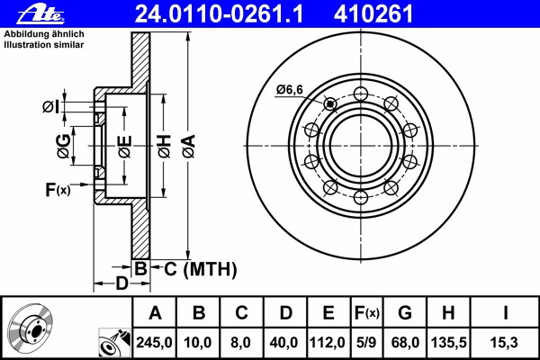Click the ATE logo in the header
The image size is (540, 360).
[40, 14]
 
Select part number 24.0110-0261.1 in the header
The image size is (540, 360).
[219, 14]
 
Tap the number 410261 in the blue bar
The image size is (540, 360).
[373, 14]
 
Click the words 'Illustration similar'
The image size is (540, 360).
[44, 45]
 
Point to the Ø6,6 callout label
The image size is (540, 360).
[289, 90]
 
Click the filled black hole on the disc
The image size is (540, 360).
[330, 103]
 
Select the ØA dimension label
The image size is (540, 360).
[189, 147]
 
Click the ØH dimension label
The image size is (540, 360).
[164, 147]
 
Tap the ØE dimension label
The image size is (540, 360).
[125, 147]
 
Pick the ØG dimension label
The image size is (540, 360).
[64, 146]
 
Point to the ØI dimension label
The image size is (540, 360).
[50, 107]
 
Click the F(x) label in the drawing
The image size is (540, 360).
[58, 190]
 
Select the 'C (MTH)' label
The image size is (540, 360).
[200, 269]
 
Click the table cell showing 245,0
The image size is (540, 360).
[154, 342]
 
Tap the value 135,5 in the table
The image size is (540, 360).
[449, 342]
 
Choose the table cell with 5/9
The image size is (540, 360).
[366, 342]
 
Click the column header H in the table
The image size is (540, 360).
[448, 313]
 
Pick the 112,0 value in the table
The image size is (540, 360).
[328, 342]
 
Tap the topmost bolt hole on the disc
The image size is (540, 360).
[361, 94]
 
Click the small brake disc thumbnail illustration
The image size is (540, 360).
[31, 327]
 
